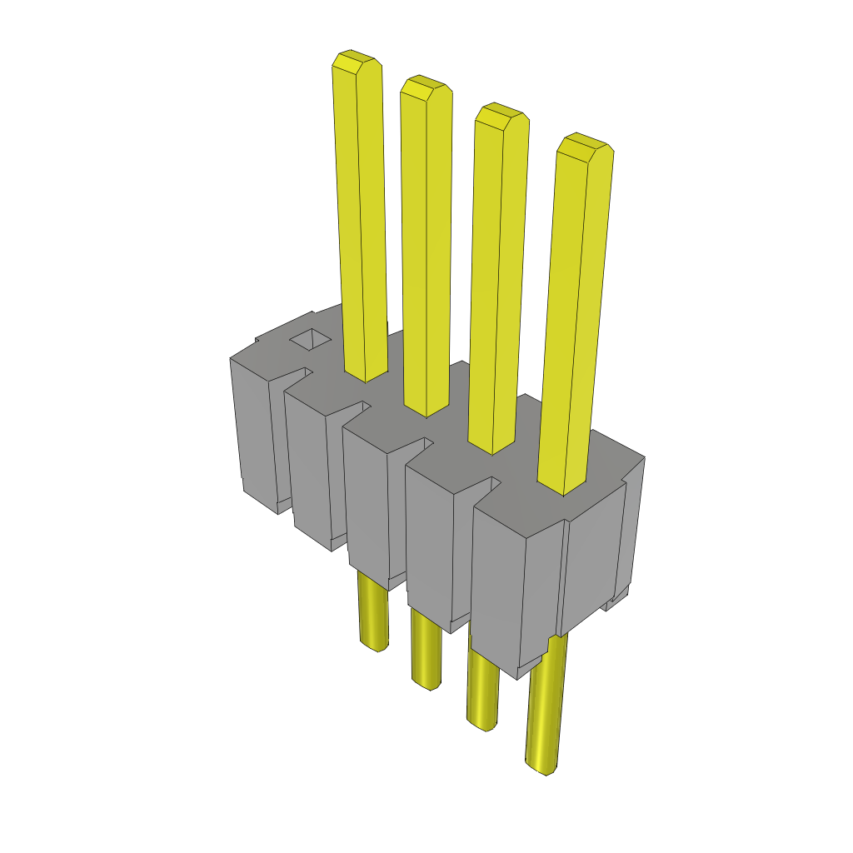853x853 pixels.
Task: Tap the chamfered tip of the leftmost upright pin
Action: pyautogui.click(x=357, y=61)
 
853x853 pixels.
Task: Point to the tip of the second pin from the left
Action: pyautogui.click(x=426, y=86)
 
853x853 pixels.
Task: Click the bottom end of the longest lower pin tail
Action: pyautogui.click(x=541, y=764)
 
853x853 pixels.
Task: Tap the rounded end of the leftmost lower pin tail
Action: pyautogui.click(x=374, y=644)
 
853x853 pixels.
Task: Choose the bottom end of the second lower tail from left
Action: pyautogui.click(x=426, y=682)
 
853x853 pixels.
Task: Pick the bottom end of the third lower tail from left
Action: pyautogui.click(x=481, y=723)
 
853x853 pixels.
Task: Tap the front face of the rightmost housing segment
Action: pyautogui.click(x=497, y=583)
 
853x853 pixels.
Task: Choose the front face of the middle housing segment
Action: pyautogui.click(x=367, y=508)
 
